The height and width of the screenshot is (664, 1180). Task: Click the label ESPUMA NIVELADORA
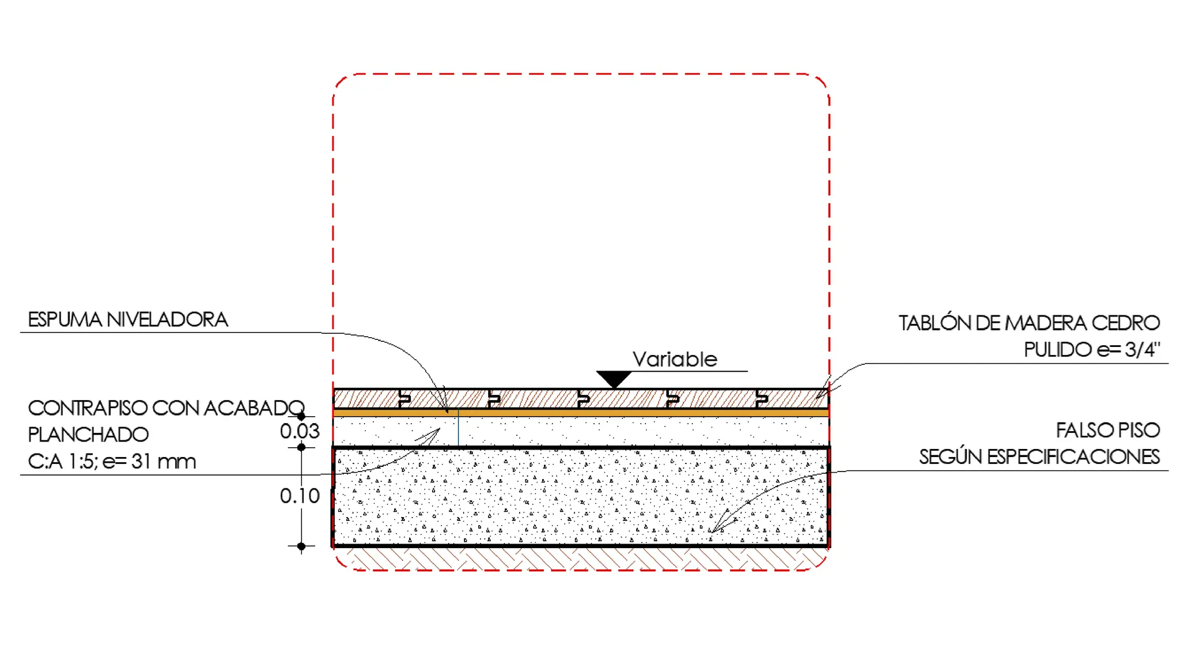[x=128, y=319]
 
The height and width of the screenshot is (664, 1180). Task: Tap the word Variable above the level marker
[x=675, y=359]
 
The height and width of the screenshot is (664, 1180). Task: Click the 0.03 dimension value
[x=300, y=431]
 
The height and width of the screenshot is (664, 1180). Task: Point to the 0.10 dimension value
[x=300, y=496]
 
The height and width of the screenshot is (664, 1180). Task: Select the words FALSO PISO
[x=1107, y=430]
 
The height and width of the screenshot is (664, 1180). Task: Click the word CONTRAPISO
[x=88, y=408]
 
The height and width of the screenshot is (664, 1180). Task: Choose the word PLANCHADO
[x=88, y=435]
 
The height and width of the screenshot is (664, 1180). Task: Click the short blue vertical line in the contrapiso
[x=459, y=427]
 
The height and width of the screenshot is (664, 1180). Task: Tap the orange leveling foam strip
[x=581, y=413]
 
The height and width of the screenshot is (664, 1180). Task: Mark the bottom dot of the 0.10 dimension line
[x=301, y=546]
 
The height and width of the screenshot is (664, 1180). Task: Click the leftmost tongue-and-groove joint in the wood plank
[x=404, y=398]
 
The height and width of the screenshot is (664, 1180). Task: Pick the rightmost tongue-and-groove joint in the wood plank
[x=762, y=398]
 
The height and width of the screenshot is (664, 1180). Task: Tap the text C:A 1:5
[x=62, y=461]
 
